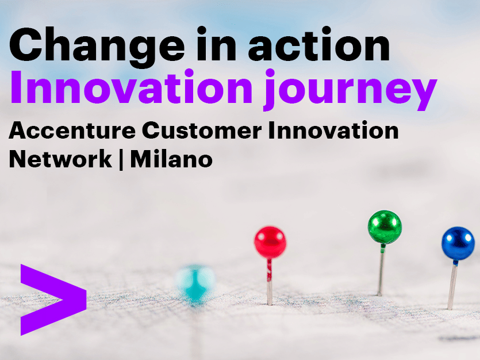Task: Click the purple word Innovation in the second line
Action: coord(130,91)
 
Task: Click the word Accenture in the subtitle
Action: coord(72,131)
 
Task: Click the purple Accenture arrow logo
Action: coord(52,299)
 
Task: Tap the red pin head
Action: coord(270,242)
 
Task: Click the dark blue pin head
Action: coord(458,243)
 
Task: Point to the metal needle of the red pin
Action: coord(269,282)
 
